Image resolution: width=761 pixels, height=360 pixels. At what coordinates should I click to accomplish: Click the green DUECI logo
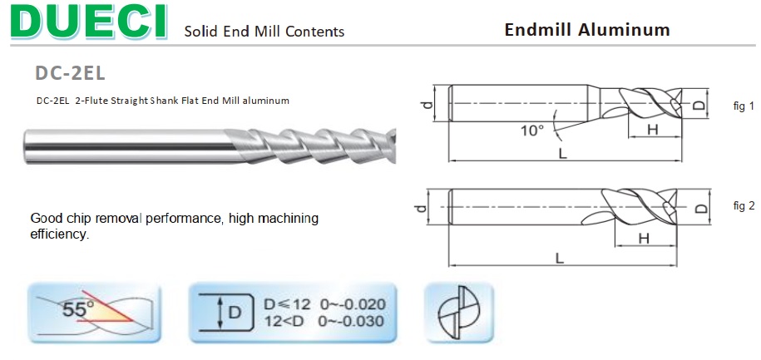89,22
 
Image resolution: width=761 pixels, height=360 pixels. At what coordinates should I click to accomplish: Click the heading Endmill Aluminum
587,30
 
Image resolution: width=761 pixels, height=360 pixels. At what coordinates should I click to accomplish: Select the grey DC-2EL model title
70,73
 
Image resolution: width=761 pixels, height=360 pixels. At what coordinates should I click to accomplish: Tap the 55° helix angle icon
94,313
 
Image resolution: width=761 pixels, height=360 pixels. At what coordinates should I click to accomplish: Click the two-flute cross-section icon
459,313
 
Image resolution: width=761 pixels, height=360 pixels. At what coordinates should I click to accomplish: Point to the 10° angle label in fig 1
532,130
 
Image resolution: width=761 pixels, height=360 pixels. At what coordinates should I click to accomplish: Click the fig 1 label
744,106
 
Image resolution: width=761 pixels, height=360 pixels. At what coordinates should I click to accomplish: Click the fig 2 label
744,205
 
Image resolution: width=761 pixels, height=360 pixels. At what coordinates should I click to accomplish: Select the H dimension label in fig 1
652,129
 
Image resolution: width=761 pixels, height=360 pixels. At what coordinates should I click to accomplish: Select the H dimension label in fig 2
644,239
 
